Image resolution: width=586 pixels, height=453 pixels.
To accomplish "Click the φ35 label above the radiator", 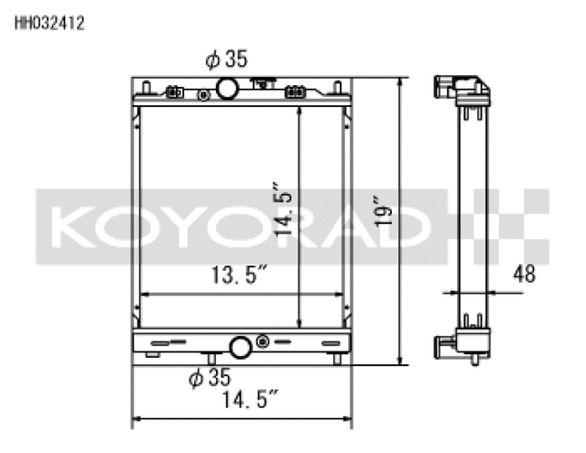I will pos(225,60).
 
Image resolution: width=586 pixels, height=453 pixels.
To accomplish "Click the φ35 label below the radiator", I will pos(209,377).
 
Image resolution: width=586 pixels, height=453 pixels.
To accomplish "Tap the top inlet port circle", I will pos(226,89).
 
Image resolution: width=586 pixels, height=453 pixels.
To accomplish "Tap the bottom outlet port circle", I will pos(241,347).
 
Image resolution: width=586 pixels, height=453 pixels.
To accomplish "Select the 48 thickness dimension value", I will pos(523,274).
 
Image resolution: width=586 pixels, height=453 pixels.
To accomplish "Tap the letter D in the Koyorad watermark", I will pos(400,227).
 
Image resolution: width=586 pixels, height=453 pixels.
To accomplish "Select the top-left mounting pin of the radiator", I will pos(145,88).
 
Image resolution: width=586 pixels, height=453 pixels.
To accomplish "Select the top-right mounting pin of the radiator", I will pos(339,88).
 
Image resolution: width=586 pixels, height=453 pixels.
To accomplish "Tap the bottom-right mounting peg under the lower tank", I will pos(326,360).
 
